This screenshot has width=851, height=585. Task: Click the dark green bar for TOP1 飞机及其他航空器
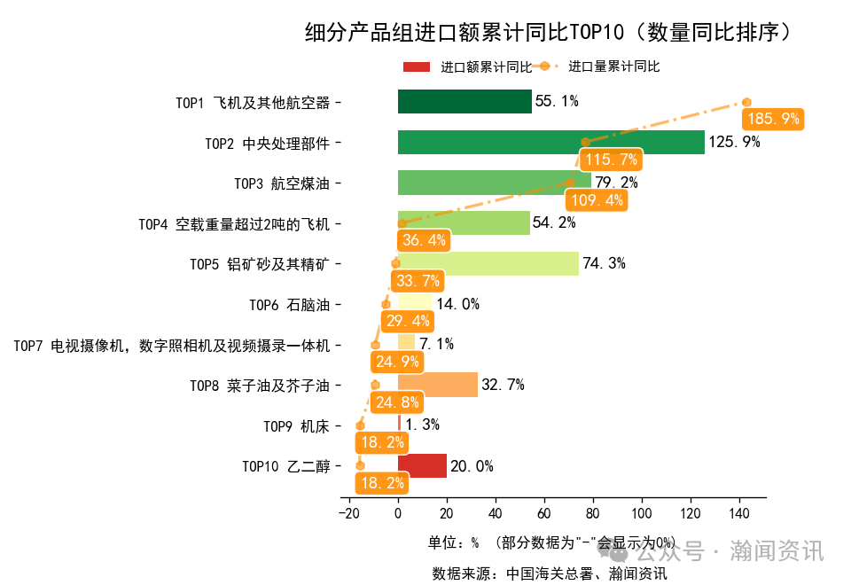click(x=465, y=102)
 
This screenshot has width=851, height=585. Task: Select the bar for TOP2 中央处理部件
click(x=550, y=143)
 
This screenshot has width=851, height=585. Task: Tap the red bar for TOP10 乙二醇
click(x=422, y=466)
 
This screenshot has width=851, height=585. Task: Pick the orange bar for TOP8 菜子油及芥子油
click(x=438, y=385)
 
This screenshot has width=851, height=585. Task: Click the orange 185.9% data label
click(x=773, y=119)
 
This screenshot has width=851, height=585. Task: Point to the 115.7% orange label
click(x=610, y=160)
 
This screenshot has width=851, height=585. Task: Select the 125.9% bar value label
click(x=734, y=142)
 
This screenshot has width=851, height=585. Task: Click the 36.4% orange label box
click(x=424, y=240)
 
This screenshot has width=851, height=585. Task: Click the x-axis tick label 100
click(x=642, y=513)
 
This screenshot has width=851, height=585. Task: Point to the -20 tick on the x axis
click(x=348, y=513)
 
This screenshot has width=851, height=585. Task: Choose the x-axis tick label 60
click(x=544, y=513)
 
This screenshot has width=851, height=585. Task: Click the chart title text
click(x=547, y=33)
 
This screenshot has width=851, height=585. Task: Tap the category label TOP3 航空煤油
click(x=281, y=183)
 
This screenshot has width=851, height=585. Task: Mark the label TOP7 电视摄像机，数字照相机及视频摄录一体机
click(x=171, y=346)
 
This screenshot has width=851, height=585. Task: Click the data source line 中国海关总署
click(x=550, y=573)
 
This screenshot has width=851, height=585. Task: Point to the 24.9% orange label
click(x=396, y=362)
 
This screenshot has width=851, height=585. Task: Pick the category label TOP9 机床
click(x=296, y=426)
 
